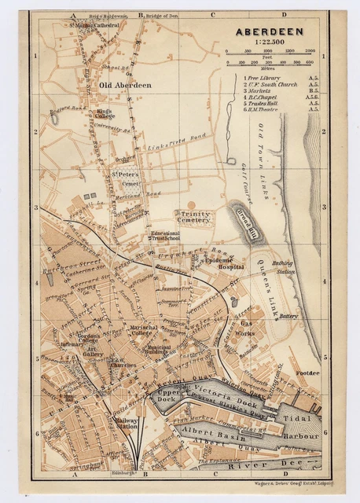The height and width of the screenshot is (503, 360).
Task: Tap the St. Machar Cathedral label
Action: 94,24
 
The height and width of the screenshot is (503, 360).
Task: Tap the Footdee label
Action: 306,373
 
